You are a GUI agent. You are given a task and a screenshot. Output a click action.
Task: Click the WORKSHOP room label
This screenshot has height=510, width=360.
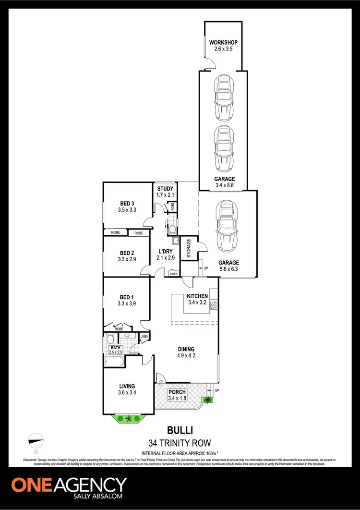tap(223, 43)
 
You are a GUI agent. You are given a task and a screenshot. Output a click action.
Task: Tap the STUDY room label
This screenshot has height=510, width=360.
tap(165, 189)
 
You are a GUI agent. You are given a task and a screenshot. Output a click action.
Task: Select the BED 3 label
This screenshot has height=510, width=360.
tap(127, 203)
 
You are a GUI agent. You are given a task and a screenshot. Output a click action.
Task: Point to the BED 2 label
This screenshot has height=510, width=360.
tap(127, 253)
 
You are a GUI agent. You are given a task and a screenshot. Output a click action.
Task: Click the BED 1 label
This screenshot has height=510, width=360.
tap(127, 298)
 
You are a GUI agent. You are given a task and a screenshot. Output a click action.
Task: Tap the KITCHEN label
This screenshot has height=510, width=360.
tap(197, 296)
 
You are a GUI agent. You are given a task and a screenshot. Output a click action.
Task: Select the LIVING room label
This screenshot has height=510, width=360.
tap(127, 386)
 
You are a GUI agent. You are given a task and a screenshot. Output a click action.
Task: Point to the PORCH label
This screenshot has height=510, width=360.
tap(177, 392)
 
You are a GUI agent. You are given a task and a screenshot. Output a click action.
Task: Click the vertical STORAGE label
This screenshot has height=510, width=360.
tap(189, 248)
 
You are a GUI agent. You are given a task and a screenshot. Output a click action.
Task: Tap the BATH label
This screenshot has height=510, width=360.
tap(115, 347)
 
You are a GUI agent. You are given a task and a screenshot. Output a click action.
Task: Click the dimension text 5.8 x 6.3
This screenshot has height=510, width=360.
tap(228, 269)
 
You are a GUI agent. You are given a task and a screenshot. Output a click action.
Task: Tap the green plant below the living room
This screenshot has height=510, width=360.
tap(128, 419)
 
